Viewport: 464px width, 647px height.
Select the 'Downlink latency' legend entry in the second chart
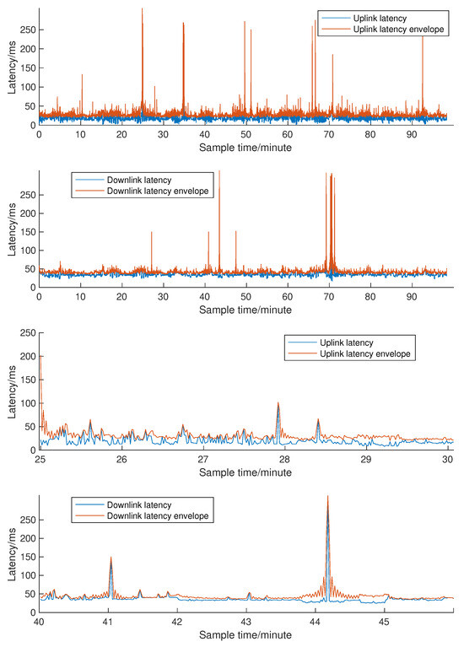click(135, 180)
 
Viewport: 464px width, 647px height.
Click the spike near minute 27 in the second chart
click(152, 233)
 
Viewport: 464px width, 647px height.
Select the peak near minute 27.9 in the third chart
click(278, 404)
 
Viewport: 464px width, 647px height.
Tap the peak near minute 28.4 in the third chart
click(318, 420)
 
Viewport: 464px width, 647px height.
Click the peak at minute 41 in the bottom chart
click(111, 558)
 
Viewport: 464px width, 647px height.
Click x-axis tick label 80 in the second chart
click(370, 298)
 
